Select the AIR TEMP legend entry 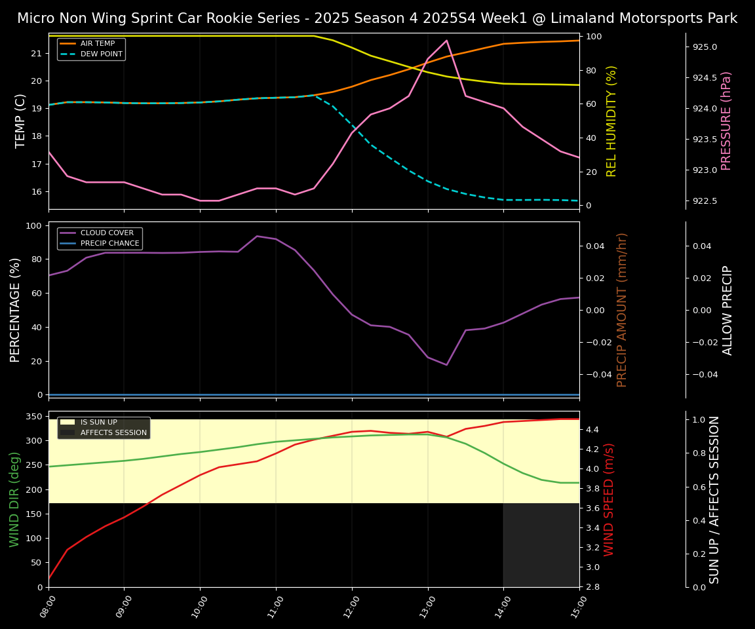98,44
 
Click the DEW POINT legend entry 101,54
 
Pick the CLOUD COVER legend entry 107,233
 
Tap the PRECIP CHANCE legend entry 109,244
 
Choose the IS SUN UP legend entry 99,423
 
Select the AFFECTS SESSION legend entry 113,432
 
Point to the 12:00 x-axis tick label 348,607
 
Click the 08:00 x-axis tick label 45,607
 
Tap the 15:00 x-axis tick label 575,607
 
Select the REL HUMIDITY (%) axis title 611,121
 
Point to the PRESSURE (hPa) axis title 726,121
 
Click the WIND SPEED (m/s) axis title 610,499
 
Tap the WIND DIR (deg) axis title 14,499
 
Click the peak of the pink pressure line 446,41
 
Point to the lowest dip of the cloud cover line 446,365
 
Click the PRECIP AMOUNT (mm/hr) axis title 622,309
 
